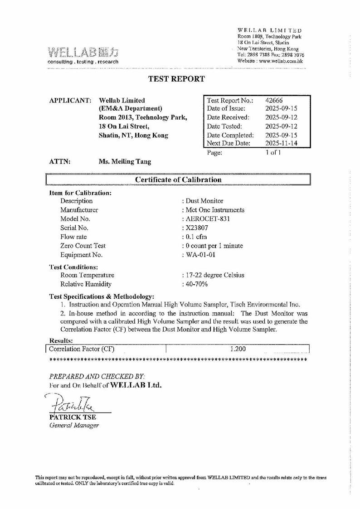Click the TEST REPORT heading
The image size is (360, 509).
(177, 79)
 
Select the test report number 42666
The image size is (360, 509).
(274, 101)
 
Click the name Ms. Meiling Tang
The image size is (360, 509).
(125, 161)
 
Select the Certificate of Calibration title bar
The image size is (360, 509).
(178, 179)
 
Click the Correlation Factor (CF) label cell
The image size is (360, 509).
(82, 349)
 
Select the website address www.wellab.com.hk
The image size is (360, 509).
(279, 61)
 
